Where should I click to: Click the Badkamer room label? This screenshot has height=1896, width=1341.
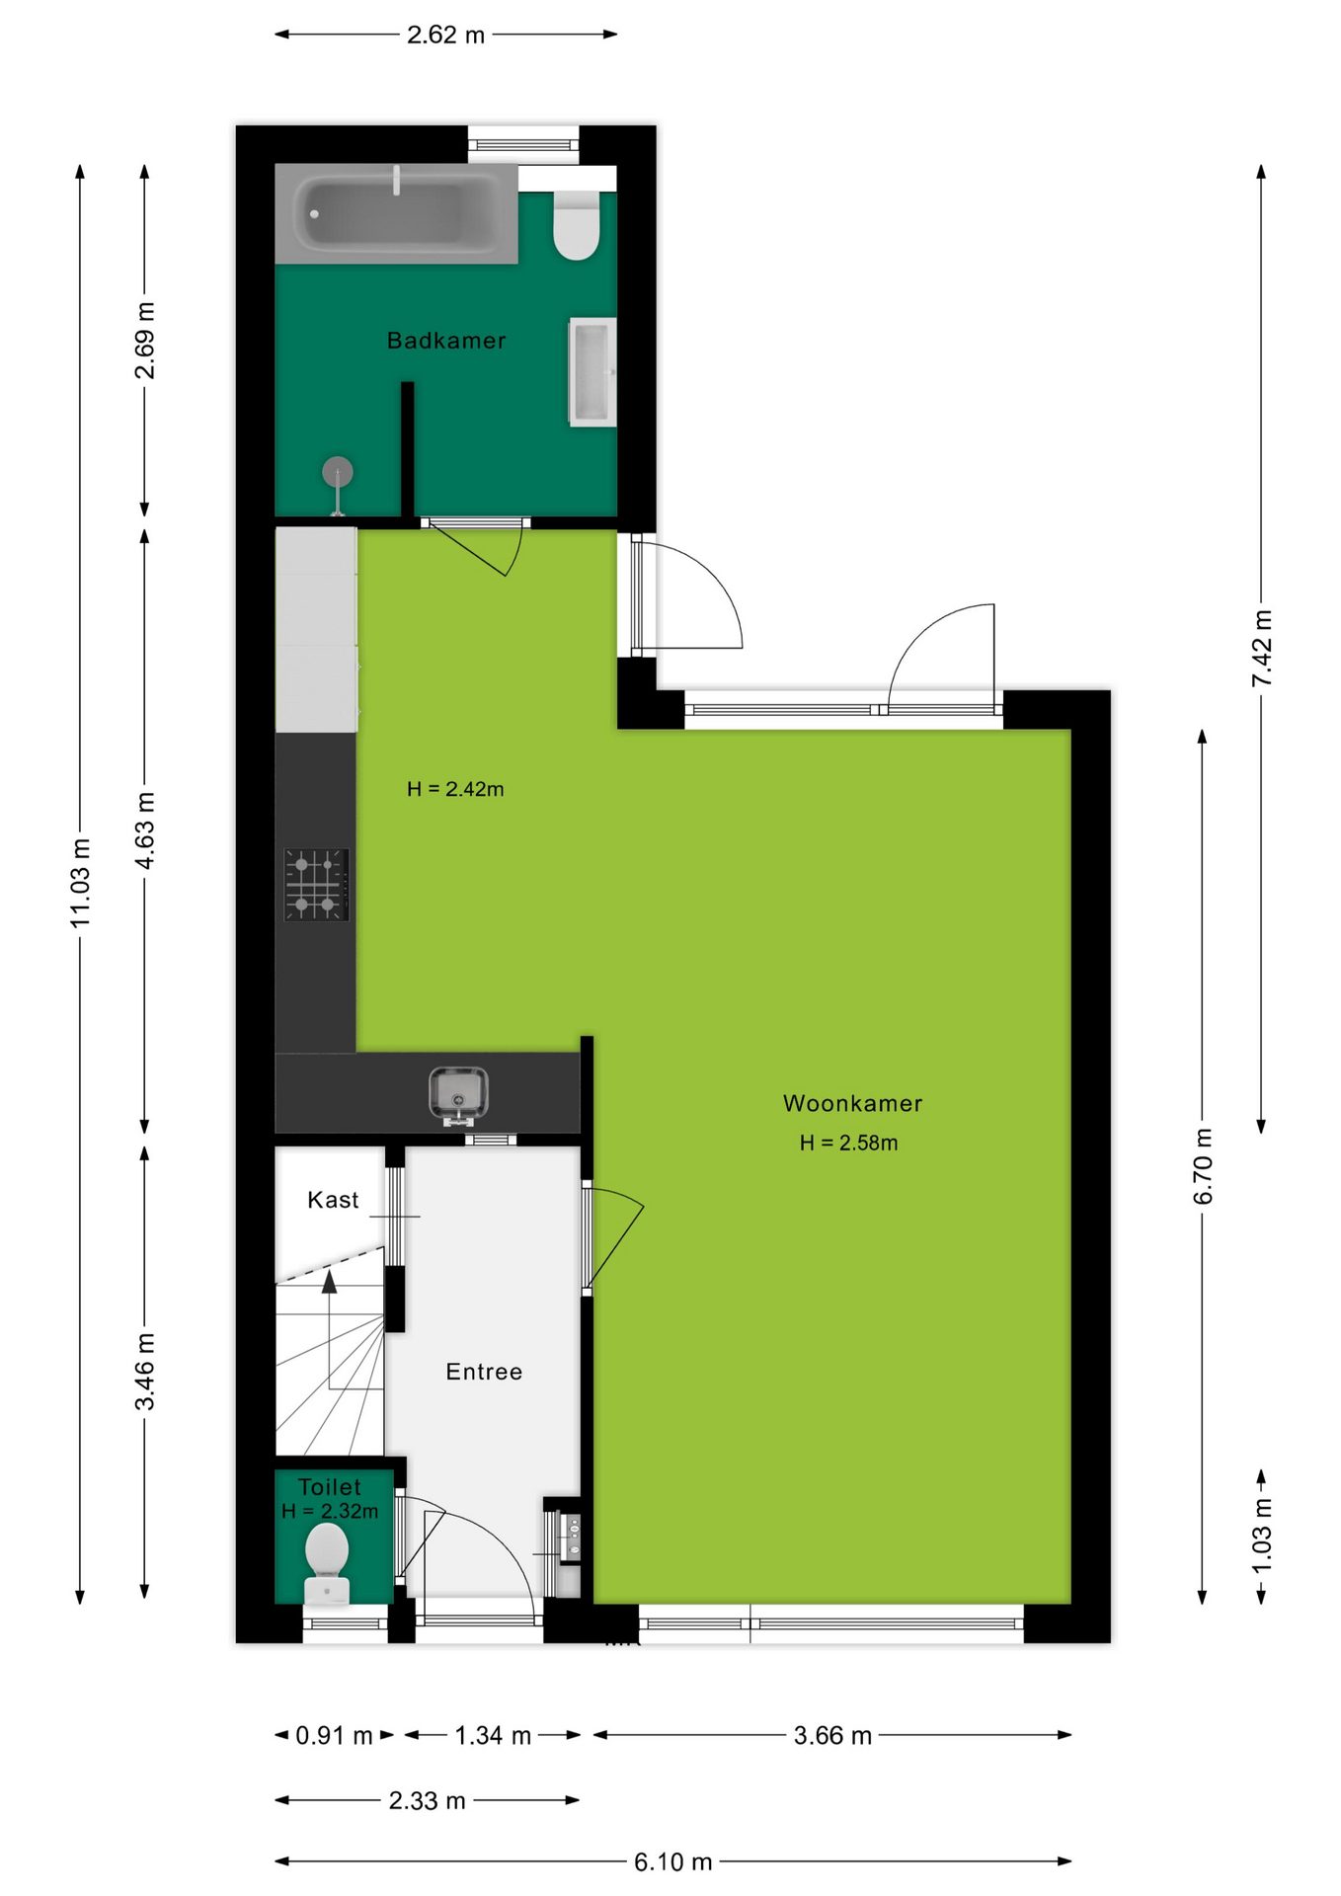click(x=446, y=341)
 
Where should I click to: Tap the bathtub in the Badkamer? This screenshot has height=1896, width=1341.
click(x=396, y=213)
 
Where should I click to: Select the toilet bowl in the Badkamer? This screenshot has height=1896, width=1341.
click(x=577, y=225)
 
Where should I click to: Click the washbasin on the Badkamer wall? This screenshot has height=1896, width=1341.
click(x=592, y=372)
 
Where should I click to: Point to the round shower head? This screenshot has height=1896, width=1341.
click(x=338, y=472)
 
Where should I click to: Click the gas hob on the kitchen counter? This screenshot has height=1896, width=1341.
click(x=317, y=884)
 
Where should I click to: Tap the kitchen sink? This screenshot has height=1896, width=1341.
click(x=458, y=1094)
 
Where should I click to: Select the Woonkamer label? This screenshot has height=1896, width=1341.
click(x=853, y=1103)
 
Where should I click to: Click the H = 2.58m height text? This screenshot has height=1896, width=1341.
click(x=849, y=1143)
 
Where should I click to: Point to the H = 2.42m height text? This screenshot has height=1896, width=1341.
click(x=455, y=789)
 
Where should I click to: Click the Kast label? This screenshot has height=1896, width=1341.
click(x=333, y=1200)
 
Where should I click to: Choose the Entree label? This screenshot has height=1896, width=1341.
click(x=484, y=1372)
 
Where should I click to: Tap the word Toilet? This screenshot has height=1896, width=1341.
click(x=330, y=1487)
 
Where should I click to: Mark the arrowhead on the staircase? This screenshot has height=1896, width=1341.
click(x=329, y=1281)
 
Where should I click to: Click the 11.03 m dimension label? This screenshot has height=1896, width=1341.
click(x=80, y=883)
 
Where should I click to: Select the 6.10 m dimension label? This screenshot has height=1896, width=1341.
click(x=673, y=1861)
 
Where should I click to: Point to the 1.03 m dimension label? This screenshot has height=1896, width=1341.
click(x=1261, y=1537)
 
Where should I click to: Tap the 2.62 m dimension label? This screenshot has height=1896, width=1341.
click(x=446, y=35)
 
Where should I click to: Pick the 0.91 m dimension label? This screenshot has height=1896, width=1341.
click(x=335, y=1735)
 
